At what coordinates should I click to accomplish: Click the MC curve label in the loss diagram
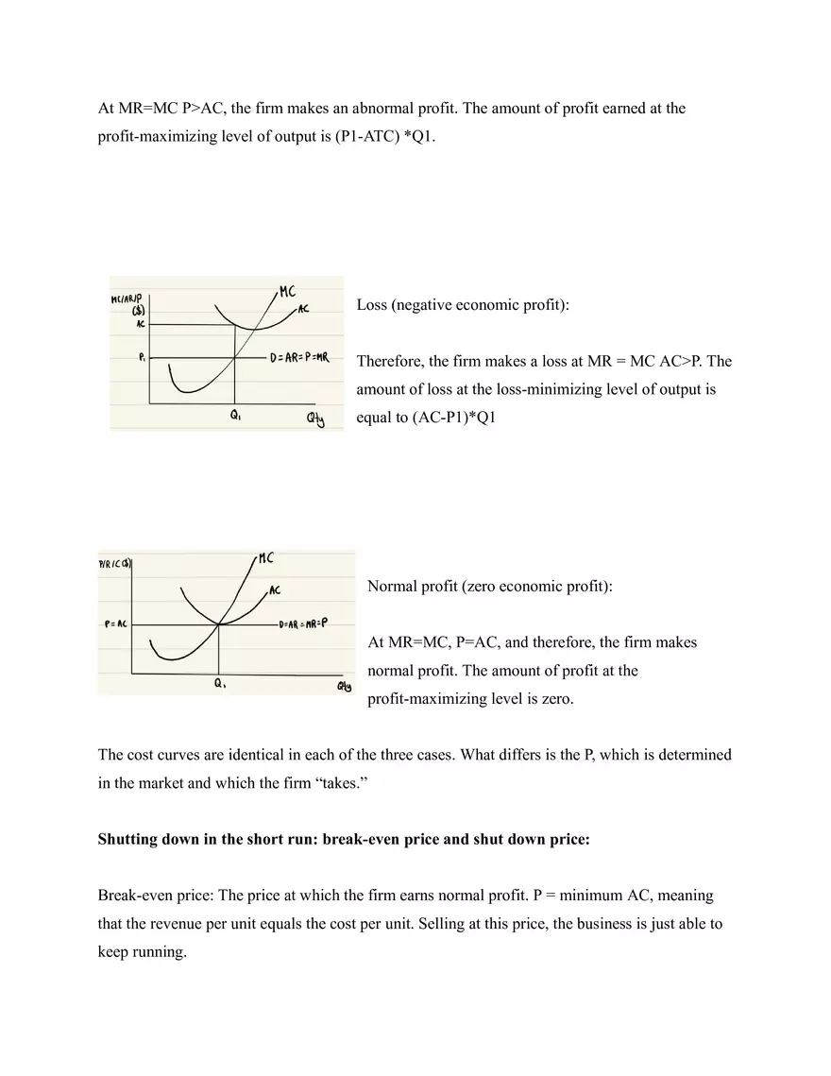(x=288, y=292)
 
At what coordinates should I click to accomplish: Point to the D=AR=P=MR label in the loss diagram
(x=299, y=358)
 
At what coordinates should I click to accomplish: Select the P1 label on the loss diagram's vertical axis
(x=141, y=358)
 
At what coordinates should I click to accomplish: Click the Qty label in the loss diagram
(x=314, y=421)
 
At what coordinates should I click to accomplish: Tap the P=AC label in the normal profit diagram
(x=116, y=624)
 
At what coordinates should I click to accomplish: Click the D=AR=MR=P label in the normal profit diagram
(x=303, y=623)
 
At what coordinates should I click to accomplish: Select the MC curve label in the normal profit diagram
(x=265, y=559)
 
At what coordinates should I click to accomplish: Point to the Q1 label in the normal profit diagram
(x=219, y=685)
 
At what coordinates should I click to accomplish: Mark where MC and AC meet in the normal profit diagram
(x=219, y=623)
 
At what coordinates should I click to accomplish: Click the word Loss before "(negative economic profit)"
(x=372, y=305)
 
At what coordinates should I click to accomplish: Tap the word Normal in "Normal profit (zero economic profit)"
(x=391, y=587)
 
